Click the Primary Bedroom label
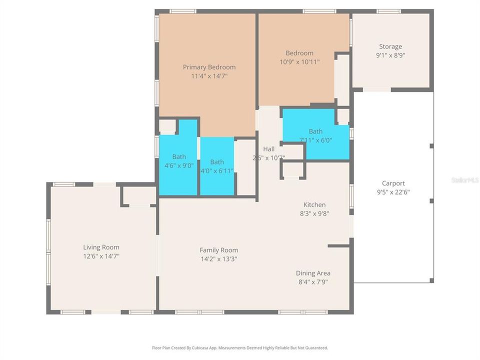209,67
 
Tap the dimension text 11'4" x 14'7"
209,76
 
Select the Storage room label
390,46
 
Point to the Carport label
393,183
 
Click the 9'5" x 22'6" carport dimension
393,192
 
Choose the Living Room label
101,247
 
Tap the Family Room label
218,250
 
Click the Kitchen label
314,204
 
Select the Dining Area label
313,273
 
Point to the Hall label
269,149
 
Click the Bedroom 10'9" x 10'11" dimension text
299,62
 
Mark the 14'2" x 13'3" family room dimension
218,259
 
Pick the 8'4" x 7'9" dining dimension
313,281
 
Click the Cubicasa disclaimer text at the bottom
240,347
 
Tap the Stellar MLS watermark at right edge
465,179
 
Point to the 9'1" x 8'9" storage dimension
390,55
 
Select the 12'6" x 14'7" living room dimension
101,256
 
